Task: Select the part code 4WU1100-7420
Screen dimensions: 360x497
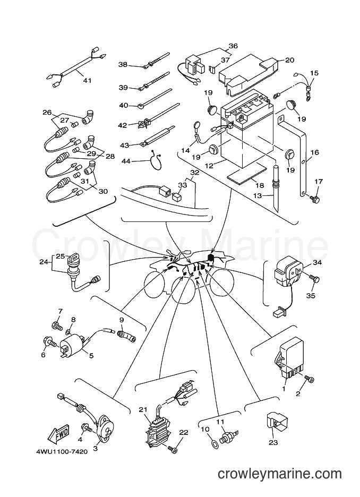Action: click(x=62, y=451)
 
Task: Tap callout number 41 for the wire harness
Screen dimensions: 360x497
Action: click(x=87, y=81)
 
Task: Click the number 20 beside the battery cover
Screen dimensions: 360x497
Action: click(x=290, y=60)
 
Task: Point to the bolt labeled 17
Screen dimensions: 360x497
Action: click(x=315, y=199)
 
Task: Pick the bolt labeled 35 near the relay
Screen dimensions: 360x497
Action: click(x=315, y=279)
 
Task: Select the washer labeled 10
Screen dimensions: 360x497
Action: click(x=215, y=443)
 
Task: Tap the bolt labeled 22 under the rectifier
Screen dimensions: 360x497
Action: click(x=173, y=449)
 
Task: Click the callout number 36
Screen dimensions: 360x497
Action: click(x=233, y=46)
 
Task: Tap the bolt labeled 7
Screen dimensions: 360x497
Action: click(x=57, y=325)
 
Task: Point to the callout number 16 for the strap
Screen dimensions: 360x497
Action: click(x=315, y=152)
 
